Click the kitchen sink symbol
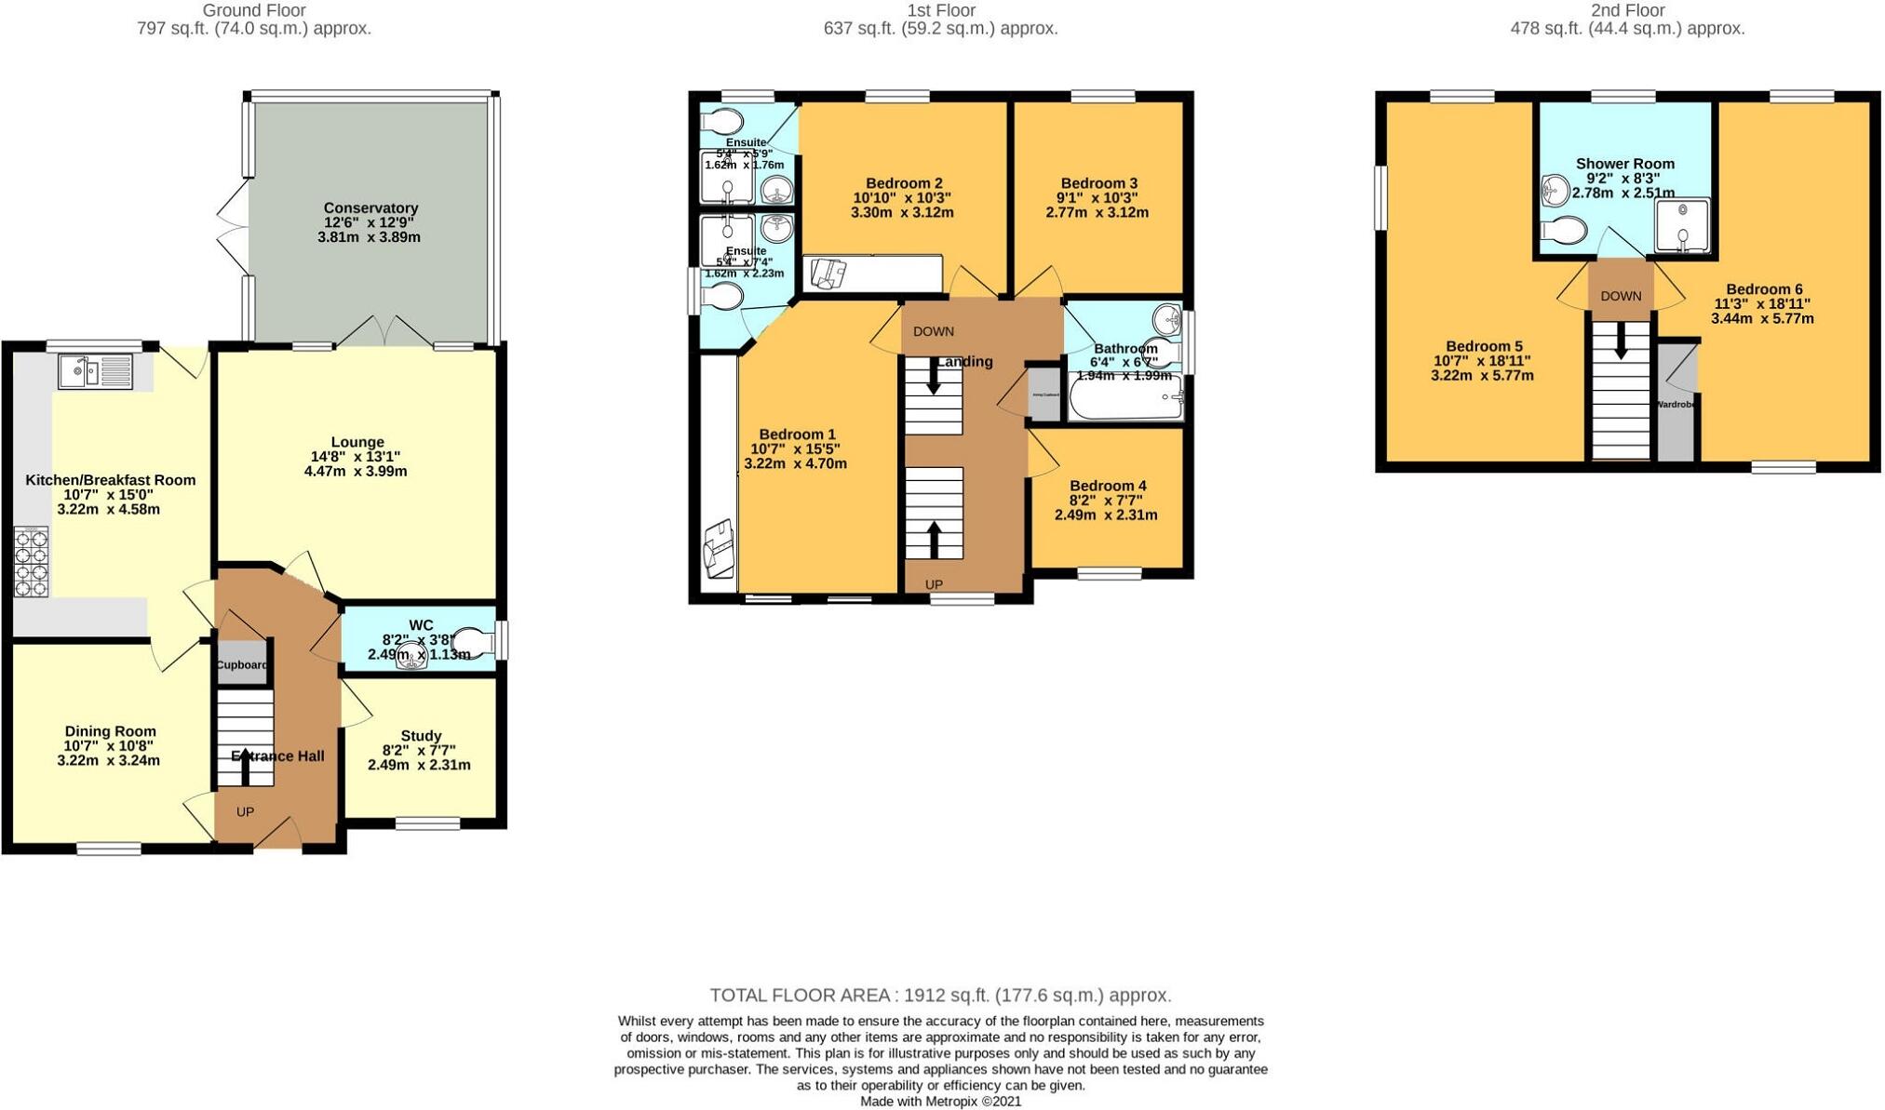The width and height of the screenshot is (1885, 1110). tap(95, 371)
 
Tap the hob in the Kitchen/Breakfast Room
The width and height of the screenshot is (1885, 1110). tap(30, 562)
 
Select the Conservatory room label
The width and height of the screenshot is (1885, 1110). tap(370, 207)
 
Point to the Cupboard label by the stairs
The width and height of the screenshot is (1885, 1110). tap(242, 665)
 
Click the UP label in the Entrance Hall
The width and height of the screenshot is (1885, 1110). tap(245, 812)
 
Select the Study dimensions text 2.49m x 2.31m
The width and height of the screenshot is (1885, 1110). tap(419, 765)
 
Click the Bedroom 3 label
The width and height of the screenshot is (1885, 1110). tap(1098, 183)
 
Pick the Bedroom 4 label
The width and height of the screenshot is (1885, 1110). tap(1108, 486)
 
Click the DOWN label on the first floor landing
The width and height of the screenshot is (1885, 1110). tap(933, 331)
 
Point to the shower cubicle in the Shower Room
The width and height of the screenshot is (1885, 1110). tap(1682, 225)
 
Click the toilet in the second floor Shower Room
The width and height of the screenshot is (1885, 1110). tap(1564, 230)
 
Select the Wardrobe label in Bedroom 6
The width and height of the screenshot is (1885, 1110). tap(1676, 405)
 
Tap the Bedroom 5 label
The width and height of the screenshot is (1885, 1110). tap(1484, 346)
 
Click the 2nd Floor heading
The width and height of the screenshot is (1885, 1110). tap(1627, 11)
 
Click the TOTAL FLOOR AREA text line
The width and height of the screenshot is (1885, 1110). tap(940, 996)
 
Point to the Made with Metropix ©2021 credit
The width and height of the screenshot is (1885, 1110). tap(940, 1102)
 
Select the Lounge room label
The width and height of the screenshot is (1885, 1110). tap(357, 442)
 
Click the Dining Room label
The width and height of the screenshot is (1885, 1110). tap(110, 731)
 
